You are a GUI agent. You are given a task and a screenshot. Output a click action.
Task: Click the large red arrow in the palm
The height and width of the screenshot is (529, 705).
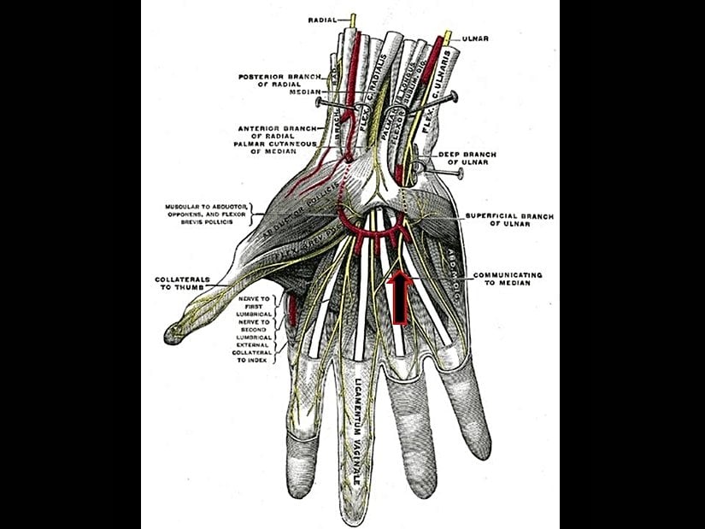(x=400, y=297)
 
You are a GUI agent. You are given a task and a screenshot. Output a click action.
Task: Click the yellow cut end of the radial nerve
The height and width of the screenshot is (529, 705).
(x=352, y=18)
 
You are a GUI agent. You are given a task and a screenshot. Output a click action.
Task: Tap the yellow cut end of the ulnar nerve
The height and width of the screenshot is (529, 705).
(x=447, y=38)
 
